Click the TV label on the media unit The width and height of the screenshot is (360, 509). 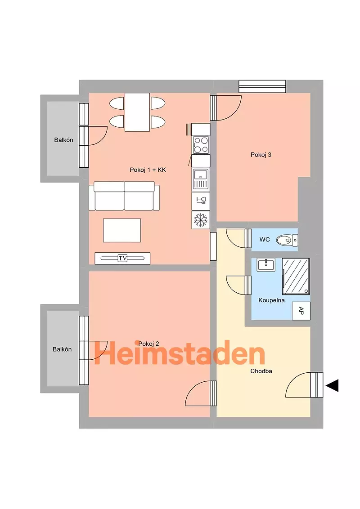pyautogui.click(x=122, y=259)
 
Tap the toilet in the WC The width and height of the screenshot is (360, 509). pyautogui.click(x=287, y=241)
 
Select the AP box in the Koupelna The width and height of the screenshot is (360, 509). pyautogui.click(x=301, y=311)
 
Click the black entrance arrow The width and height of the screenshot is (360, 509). pyautogui.click(x=332, y=385)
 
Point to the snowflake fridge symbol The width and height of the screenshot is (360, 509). pyautogui.click(x=200, y=220)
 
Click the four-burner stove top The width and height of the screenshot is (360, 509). pyautogui.click(x=200, y=145)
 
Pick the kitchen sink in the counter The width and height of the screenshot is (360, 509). pyautogui.click(x=200, y=179)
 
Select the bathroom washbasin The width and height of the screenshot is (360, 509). pyautogui.click(x=266, y=264)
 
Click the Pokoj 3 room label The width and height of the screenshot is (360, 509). pyautogui.click(x=261, y=155)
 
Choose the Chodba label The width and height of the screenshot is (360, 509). pyautogui.click(x=261, y=371)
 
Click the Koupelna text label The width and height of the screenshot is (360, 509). pyautogui.click(x=272, y=300)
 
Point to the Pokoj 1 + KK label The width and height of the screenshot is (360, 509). pyautogui.click(x=148, y=170)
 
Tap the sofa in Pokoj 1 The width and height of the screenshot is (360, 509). pyautogui.click(x=124, y=196)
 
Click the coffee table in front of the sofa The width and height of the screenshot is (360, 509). pyautogui.click(x=122, y=231)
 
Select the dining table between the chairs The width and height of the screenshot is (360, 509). pyautogui.click(x=137, y=112)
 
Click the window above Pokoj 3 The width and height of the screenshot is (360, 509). pyautogui.click(x=262, y=86)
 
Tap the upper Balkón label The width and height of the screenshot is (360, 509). pyautogui.click(x=64, y=140)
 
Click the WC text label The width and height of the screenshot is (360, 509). pyautogui.click(x=265, y=240)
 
